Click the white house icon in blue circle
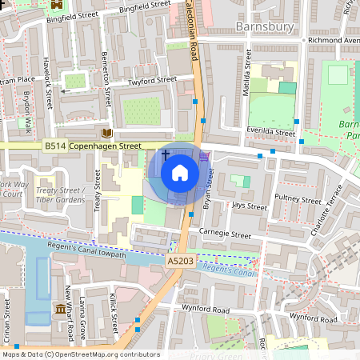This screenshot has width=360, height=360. [x=180, y=173]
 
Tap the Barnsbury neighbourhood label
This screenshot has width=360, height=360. [x=266, y=27]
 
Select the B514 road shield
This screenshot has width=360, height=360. [x=55, y=146]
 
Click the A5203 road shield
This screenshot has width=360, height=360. [x=179, y=262]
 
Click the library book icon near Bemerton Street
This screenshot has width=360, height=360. [x=107, y=133]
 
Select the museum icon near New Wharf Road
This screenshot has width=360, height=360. [x=60, y=309]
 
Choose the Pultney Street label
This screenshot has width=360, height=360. [x=297, y=199]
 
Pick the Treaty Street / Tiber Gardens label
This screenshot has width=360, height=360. [x=61, y=195]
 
